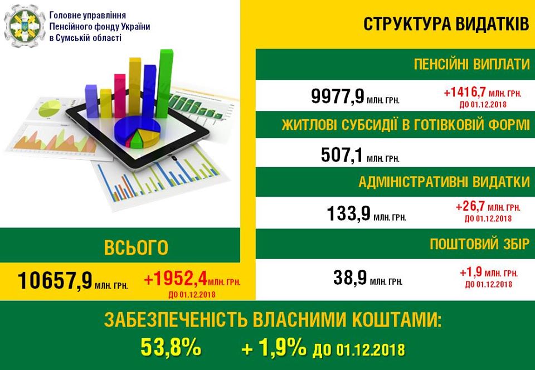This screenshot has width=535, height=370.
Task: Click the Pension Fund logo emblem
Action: pos(25,26)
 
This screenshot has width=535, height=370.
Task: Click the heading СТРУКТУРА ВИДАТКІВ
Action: pos(446,24)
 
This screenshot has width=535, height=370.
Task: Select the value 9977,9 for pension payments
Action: pos(338,96)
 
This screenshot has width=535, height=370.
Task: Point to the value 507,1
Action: pos(342,155)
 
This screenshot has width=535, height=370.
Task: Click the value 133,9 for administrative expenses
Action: pos(348,213)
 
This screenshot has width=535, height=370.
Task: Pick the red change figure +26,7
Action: pos(470,206)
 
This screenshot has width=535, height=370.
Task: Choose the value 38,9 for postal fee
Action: pos(350,277)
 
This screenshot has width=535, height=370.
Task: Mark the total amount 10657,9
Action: pos(55,280)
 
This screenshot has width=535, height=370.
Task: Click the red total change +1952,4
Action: pos(176,280)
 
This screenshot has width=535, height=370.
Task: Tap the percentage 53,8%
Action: pos(171,348)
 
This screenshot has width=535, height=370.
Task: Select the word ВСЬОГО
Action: pos(136,247)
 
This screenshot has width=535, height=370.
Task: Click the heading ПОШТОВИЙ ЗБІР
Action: pos(479,244)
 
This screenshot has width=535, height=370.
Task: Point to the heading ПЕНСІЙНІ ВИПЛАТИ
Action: pos(471,64)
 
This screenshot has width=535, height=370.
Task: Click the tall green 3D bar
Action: pos(164,84)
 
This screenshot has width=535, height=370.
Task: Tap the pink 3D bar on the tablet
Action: pos(120,96)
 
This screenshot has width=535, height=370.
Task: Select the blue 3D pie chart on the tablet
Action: pos(137,132)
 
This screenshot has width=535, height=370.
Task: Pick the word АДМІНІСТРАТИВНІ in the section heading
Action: pos(408,182)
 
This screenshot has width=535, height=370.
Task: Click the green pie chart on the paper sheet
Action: pos(50,108)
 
